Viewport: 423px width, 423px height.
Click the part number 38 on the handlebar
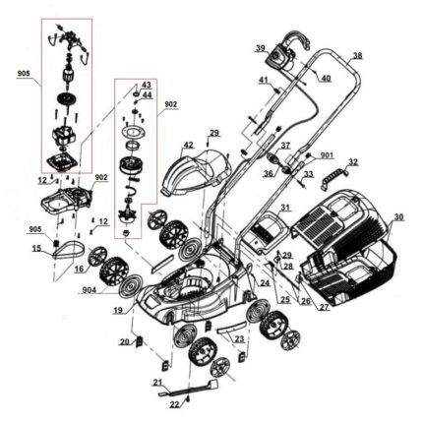358,56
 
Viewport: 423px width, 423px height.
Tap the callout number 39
261,48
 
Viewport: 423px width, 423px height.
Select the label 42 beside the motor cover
189,145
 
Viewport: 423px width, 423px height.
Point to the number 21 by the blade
158,383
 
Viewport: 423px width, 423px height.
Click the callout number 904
89,290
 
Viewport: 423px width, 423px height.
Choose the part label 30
398,216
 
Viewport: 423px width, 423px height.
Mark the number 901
327,154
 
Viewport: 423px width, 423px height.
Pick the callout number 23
240,338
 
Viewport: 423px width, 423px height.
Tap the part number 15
36,248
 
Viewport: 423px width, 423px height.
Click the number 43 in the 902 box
146,85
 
